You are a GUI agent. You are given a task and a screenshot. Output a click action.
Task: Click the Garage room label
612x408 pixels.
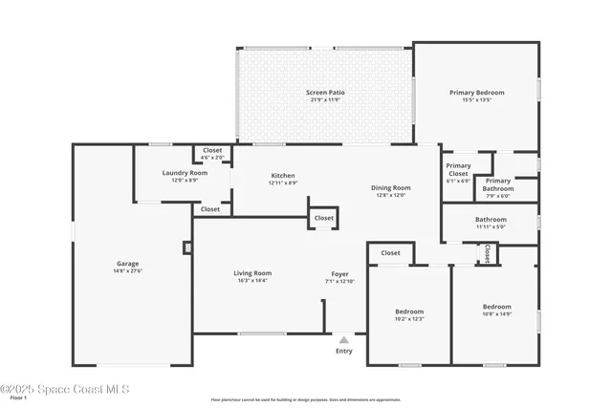point(128,264)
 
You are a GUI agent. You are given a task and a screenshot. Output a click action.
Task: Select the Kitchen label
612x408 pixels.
point(282,176)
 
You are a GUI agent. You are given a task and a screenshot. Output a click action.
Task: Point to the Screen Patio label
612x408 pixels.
point(325,93)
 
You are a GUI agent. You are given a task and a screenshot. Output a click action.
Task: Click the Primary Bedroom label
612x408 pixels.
point(476,93)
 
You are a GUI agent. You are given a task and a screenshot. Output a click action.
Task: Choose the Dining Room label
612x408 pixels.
point(390,187)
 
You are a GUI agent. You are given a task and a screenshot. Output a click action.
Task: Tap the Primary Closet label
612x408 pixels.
point(458,169)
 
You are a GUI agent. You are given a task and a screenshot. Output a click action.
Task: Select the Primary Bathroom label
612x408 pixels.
point(497,184)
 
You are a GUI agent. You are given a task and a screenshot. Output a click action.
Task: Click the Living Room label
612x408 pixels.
point(252,274)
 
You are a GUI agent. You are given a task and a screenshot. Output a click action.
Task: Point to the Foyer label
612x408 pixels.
point(339,274)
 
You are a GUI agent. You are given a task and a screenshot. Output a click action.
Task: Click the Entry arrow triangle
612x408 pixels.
point(344,338)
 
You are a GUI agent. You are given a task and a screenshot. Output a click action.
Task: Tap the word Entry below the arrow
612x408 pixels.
point(344,351)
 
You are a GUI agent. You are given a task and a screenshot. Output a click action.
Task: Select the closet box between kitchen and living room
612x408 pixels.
point(324,218)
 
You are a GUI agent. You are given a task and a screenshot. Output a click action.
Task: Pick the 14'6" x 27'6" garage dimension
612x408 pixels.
point(128,271)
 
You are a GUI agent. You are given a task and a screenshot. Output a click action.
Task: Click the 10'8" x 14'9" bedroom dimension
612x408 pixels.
point(497,313)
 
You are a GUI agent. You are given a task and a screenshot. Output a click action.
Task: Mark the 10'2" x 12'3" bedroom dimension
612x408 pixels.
point(409,318)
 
